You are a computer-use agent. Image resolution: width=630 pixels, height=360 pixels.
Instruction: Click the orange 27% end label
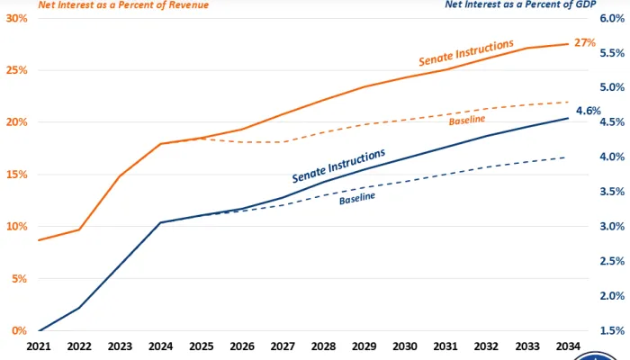pyautogui.click(x=586, y=42)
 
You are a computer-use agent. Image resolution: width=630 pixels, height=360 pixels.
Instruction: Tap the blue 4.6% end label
pyautogui.click(x=589, y=111)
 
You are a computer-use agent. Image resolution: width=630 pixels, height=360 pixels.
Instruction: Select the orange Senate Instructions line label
pyautogui.click(x=466, y=51)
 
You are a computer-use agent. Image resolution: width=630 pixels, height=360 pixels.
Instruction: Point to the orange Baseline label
pyautogui.click(x=467, y=120)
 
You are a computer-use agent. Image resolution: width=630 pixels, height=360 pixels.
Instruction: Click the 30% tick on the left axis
pyautogui.click(x=15, y=18)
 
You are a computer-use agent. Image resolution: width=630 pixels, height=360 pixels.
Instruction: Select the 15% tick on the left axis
pyautogui.click(x=15, y=175)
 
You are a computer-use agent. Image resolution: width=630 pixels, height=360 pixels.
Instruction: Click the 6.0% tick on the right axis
pyautogui.click(x=612, y=18)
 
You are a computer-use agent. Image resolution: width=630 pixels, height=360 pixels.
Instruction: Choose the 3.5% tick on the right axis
pyautogui.click(x=612, y=192)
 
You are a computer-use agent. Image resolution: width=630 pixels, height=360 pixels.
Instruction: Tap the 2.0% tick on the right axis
pyautogui.click(x=612, y=296)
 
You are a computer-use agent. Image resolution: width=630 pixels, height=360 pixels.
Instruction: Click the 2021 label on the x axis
pyautogui.click(x=40, y=346)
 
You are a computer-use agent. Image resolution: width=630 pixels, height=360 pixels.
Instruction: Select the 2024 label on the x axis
pyautogui.click(x=160, y=346)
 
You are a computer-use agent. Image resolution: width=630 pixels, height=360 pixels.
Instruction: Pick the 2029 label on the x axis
pyautogui.click(x=364, y=346)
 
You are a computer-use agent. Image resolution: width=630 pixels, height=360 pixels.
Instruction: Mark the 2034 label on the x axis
pyautogui.click(x=568, y=346)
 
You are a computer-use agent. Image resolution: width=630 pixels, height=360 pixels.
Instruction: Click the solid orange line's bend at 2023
pyautogui.click(x=120, y=176)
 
